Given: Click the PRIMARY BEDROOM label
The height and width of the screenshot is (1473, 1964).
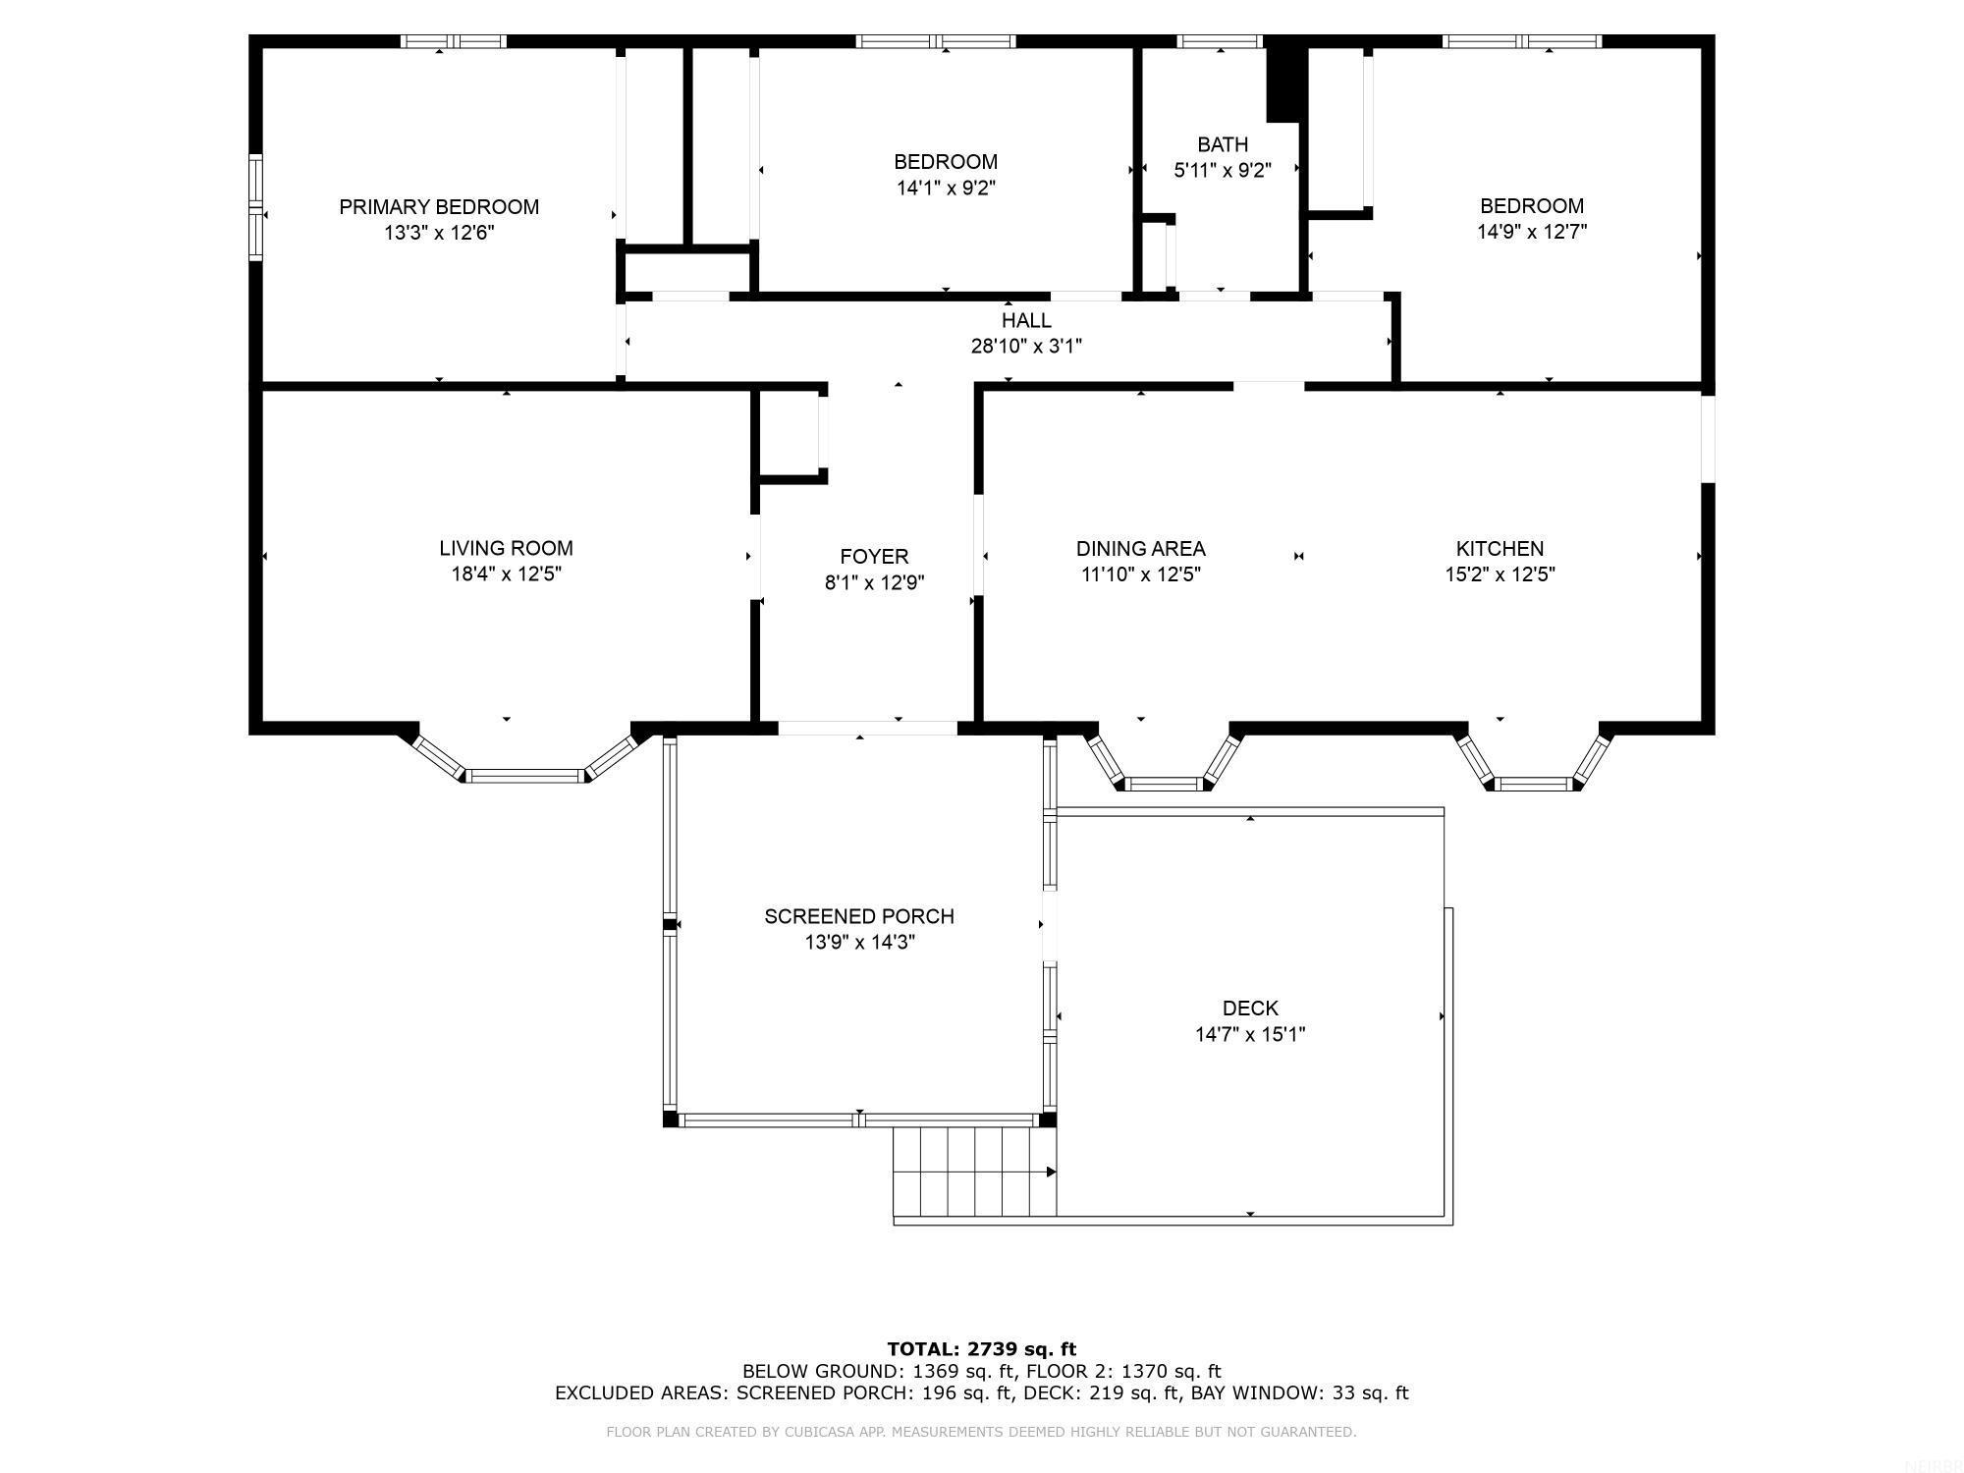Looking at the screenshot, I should (439, 207).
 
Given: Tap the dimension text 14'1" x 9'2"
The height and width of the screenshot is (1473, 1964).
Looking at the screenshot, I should (946, 188).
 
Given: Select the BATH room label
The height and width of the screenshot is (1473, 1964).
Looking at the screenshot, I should (1223, 144).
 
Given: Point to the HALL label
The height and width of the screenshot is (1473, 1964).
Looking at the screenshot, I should (1026, 320).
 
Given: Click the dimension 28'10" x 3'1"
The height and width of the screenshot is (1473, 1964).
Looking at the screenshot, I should (1026, 346).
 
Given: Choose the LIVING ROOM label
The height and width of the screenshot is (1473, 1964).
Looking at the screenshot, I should (506, 548).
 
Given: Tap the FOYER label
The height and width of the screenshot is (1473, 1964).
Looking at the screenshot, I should (874, 557).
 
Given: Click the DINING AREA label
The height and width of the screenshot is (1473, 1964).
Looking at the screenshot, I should (1140, 549).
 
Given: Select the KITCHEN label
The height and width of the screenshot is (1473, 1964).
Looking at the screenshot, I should (1500, 549).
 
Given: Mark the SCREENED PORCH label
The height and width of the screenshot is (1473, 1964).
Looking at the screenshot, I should (859, 916).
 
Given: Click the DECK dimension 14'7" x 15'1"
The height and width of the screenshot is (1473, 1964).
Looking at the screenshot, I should (1250, 1034).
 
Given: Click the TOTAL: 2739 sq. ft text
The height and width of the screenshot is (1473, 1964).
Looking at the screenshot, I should (981, 1348).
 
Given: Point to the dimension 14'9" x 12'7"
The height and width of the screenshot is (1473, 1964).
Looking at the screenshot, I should (1532, 232).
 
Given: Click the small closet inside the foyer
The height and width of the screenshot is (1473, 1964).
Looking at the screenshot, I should (790, 432).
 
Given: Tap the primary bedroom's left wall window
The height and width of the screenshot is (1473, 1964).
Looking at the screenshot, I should (256, 206).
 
